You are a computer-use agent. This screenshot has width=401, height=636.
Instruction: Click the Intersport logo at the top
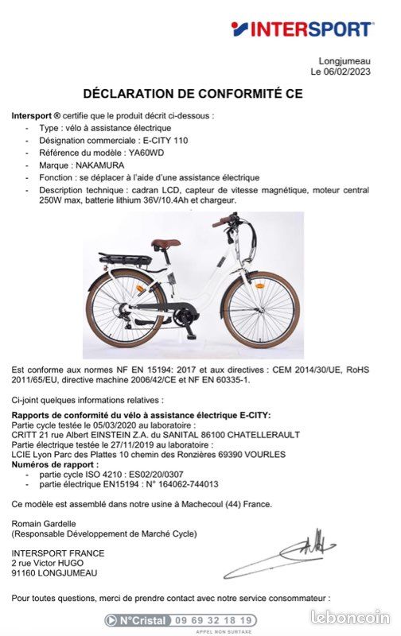[302, 29]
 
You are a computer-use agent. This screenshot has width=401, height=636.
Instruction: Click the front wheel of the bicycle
[260, 309]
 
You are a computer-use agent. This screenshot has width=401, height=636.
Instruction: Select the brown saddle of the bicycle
[165, 244]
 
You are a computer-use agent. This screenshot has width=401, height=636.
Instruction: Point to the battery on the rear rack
[123, 259]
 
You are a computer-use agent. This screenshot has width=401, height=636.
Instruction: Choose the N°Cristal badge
[137, 620]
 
